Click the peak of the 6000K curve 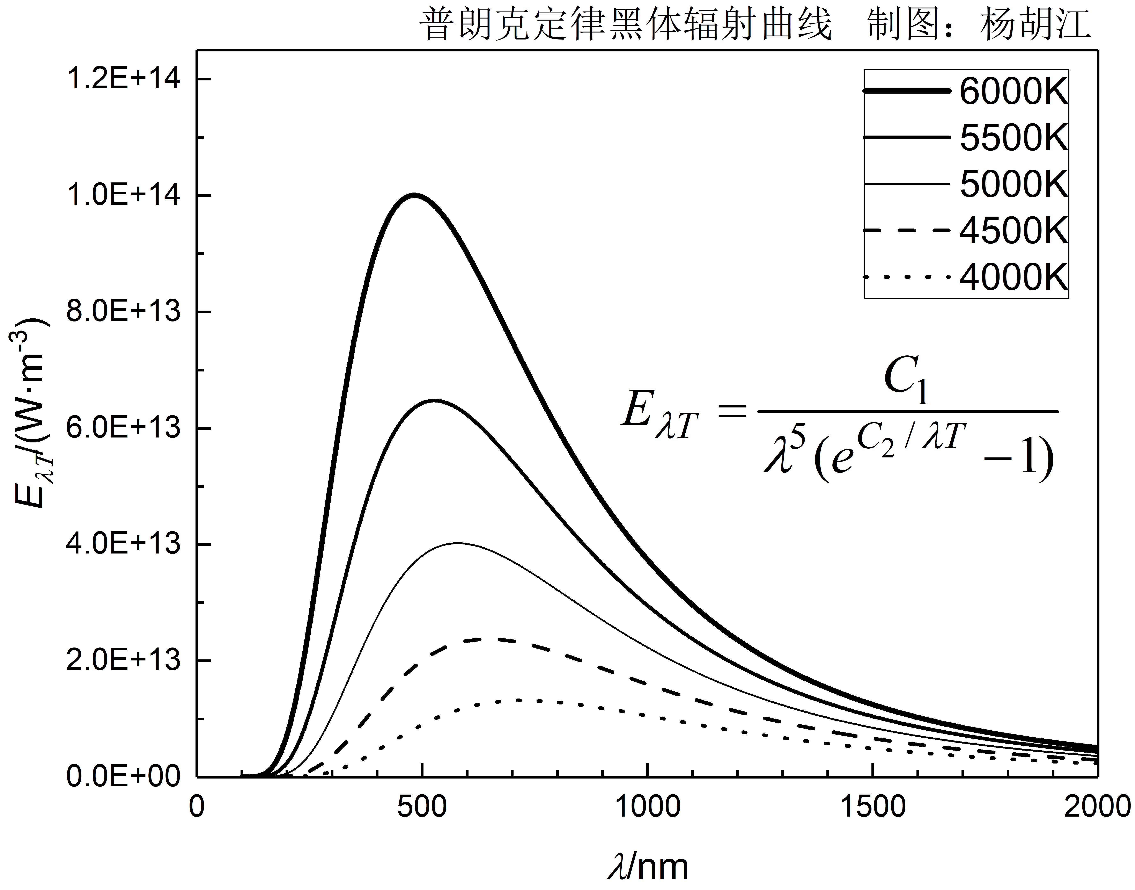pyautogui.click(x=414, y=195)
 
